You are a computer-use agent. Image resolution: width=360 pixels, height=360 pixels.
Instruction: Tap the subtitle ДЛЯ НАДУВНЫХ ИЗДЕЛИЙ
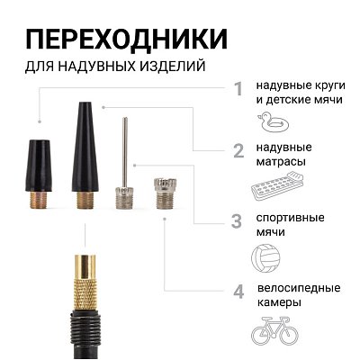(x=114, y=67)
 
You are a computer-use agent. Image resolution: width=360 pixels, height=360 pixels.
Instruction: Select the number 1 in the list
(x=238, y=89)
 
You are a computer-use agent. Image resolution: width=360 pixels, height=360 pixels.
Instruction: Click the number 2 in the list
(x=238, y=152)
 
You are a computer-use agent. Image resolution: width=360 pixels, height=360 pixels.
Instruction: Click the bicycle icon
(x=275, y=330)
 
